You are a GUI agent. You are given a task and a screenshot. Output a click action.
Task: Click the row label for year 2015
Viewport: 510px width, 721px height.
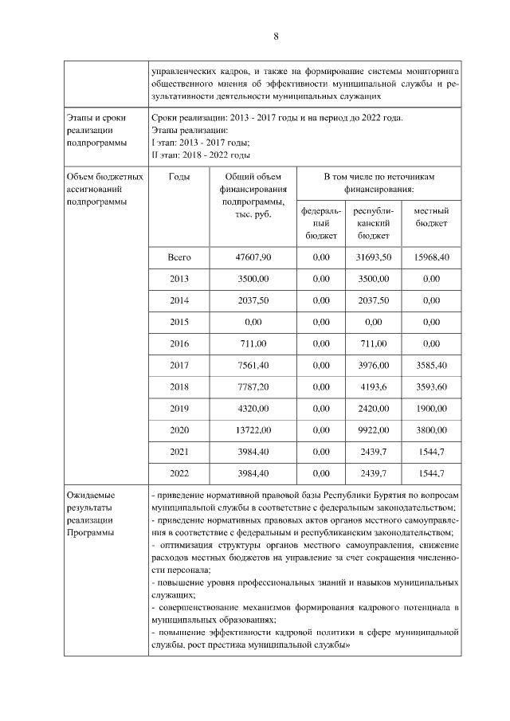179,323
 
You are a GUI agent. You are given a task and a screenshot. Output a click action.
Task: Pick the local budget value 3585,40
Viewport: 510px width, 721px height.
431,366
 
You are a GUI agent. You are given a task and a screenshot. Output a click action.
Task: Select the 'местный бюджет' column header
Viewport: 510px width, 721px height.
431,217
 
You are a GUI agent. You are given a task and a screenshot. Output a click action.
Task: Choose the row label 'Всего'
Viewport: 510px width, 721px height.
179,258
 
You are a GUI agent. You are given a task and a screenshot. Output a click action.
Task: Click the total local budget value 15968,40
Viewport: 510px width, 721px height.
431,258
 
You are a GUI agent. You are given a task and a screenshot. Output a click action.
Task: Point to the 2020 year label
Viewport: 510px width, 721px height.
179,430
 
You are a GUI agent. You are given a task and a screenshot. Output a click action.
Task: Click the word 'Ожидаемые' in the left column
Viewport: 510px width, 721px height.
89,496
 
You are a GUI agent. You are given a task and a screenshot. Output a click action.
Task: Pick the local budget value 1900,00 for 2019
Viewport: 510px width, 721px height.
431,409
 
